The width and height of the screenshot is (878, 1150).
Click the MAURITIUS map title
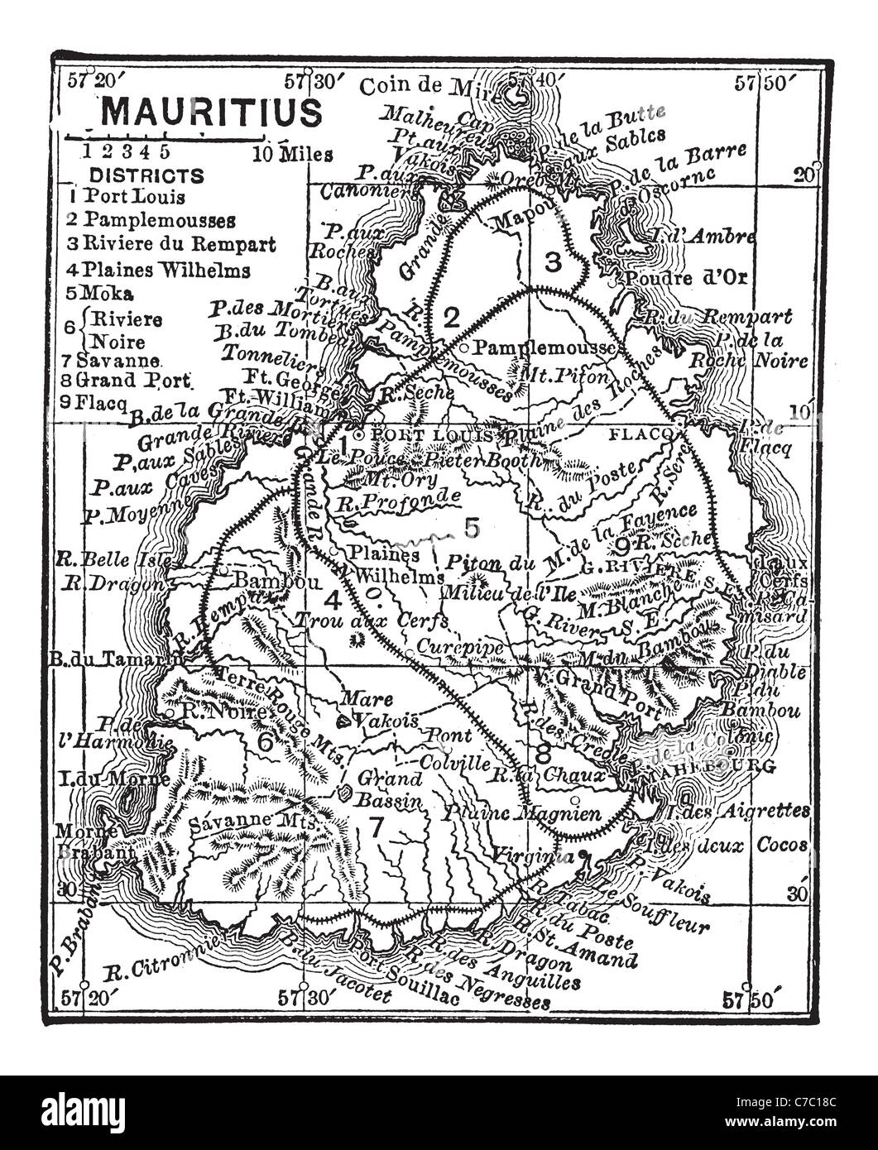[x=211, y=113]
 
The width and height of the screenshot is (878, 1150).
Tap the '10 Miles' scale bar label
[x=294, y=154]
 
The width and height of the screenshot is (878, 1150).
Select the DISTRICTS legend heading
[x=146, y=175]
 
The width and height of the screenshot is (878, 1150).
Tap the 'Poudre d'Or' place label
[x=686, y=277]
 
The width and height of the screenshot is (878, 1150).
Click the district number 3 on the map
[x=553, y=262]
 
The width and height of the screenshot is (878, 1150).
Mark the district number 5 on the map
[x=472, y=527]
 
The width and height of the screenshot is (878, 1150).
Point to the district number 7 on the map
[x=377, y=827]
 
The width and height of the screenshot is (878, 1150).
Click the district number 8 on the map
[x=543, y=754]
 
